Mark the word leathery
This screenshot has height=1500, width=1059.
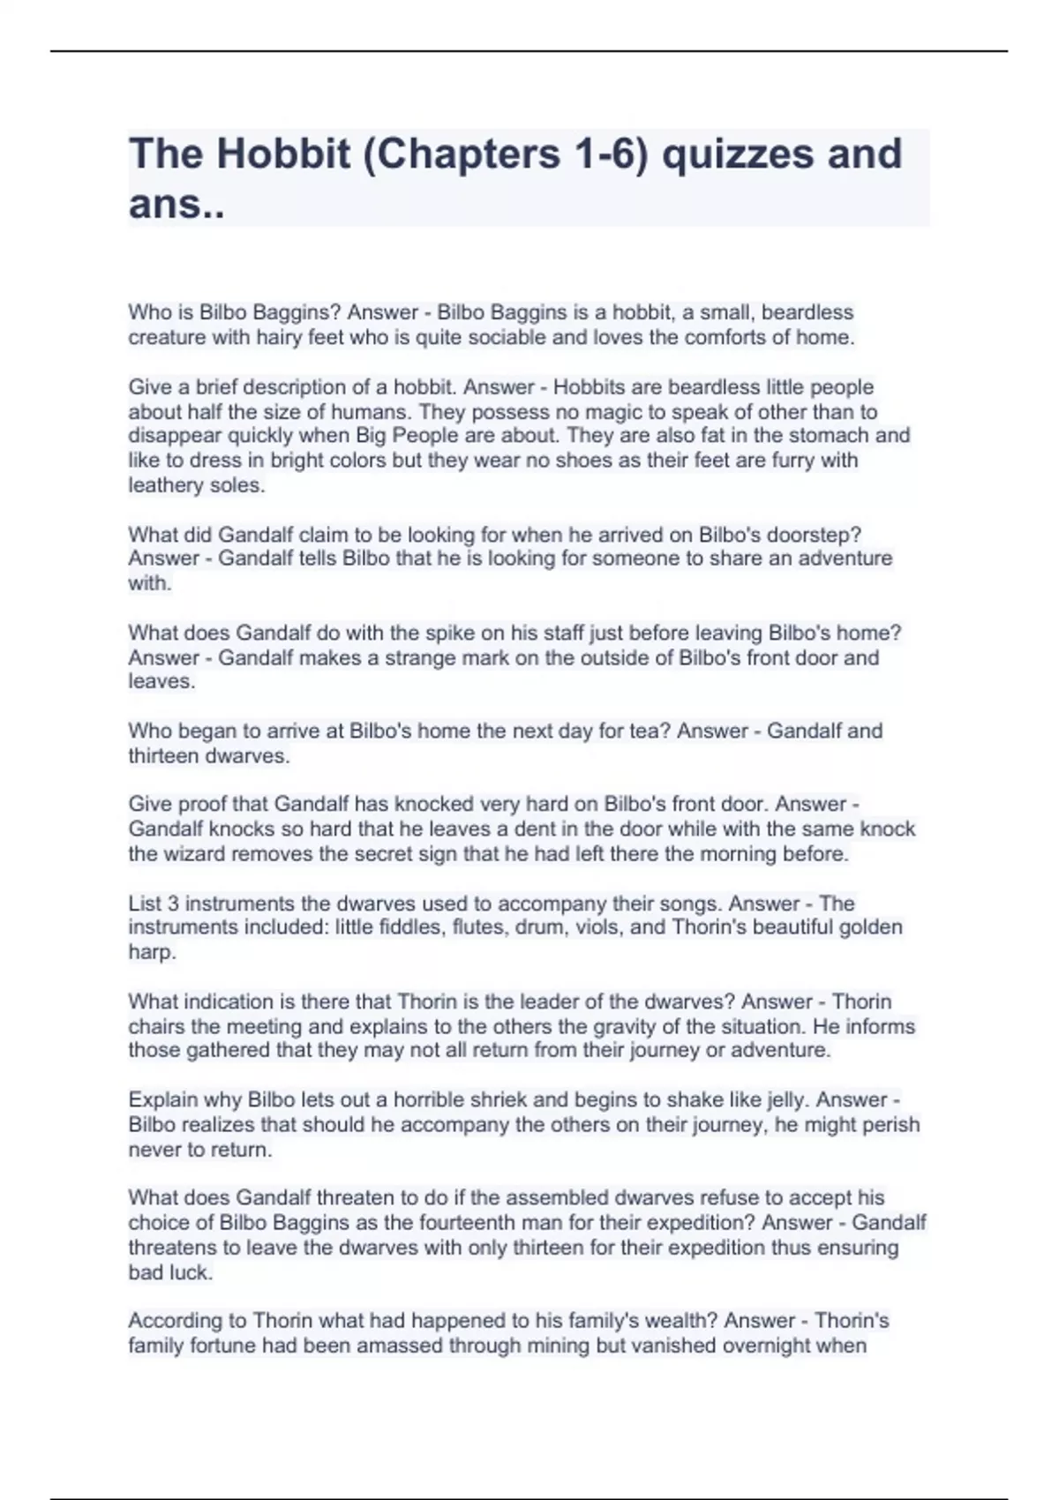[x=165, y=485]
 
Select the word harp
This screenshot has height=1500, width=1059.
[x=151, y=952]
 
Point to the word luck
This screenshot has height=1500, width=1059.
[x=190, y=1272]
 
